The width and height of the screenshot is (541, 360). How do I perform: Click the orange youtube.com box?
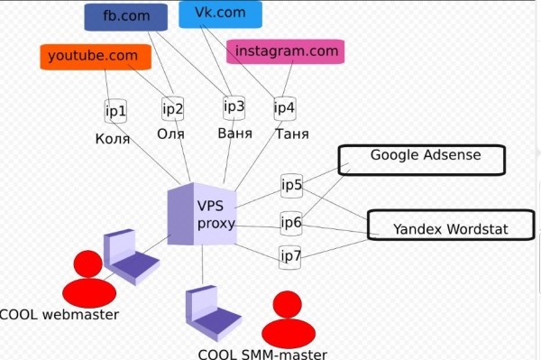coord(94,56)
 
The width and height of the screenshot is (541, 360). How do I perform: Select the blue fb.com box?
coord(126,16)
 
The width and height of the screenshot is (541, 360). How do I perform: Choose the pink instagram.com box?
coord(287,51)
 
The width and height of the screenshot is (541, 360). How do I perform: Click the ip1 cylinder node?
coord(115,112)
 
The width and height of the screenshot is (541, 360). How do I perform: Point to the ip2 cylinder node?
coord(173,110)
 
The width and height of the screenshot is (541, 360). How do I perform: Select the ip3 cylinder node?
coord(234,107)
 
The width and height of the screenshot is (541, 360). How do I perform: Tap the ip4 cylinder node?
coord(284,109)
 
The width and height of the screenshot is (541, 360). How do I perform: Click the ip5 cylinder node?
coord(291,187)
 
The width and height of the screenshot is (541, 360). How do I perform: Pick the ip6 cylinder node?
coord(290,222)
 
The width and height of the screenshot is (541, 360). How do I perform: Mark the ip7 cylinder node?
coord(290,255)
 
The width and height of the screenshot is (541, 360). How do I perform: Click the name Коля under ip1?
coord(113,139)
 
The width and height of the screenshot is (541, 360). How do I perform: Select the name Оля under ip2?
coord(170,134)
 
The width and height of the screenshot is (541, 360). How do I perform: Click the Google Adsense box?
coord(422,159)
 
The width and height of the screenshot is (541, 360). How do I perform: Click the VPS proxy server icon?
coord(199,214)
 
